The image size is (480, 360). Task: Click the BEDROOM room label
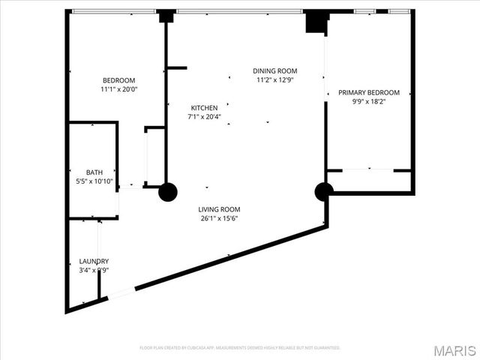coord(118,81)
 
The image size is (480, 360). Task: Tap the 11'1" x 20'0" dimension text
coord(118,89)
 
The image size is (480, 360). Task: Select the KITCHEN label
coord(204,108)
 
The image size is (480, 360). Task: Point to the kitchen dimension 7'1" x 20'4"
coord(204,116)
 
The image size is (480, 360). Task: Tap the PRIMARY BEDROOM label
coord(368,93)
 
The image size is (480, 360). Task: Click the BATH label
coord(94,172)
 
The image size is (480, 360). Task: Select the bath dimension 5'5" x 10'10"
coord(94,181)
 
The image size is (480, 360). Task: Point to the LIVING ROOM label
coord(219,210)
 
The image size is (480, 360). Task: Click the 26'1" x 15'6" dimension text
coord(219,218)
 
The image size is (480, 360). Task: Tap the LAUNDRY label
coord(94,261)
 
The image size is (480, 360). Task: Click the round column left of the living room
coord(168,192)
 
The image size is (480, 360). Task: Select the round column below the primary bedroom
coord(324,192)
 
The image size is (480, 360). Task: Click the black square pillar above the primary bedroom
coord(315,21)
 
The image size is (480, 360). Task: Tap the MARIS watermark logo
coord(453,350)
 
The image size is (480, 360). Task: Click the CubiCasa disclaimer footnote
coord(240,348)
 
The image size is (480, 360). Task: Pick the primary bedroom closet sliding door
coord(368,170)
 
